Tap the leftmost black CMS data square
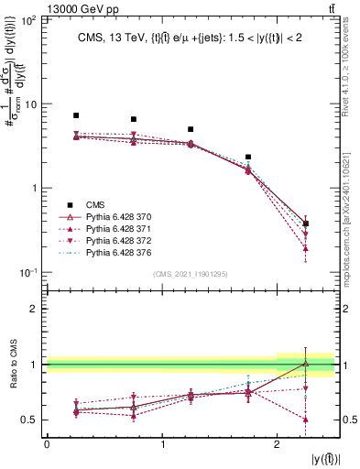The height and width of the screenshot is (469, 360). (76, 115)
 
